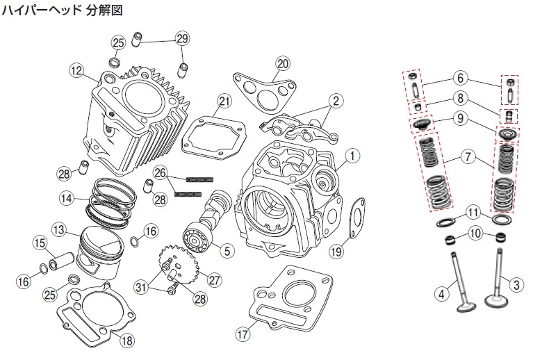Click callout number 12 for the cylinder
76,69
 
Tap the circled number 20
281,63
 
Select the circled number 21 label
222,101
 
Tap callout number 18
125,340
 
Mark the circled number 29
182,38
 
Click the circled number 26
161,172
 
